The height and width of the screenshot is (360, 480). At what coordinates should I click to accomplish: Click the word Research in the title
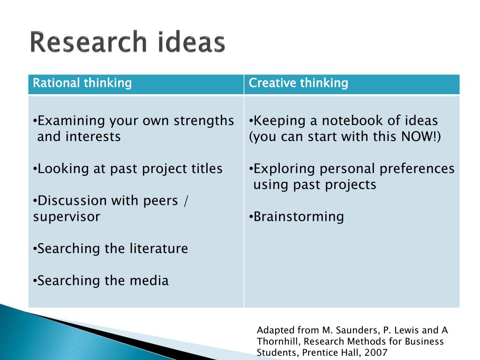coord(89,42)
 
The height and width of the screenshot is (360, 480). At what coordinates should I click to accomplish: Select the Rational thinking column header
coord(82,83)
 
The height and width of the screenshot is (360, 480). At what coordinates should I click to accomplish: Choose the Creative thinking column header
coord(298,83)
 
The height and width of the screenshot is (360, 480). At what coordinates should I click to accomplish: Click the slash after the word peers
coord(186,201)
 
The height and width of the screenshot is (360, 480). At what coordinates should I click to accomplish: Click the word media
coord(149,280)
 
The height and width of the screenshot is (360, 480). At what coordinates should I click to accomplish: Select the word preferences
coord(417,169)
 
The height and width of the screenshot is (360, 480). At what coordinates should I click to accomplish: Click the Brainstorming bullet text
coord(299,217)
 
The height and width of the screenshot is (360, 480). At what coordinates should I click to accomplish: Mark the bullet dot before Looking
coord(35,169)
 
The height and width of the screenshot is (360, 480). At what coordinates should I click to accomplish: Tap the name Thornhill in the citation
coord(278,341)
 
